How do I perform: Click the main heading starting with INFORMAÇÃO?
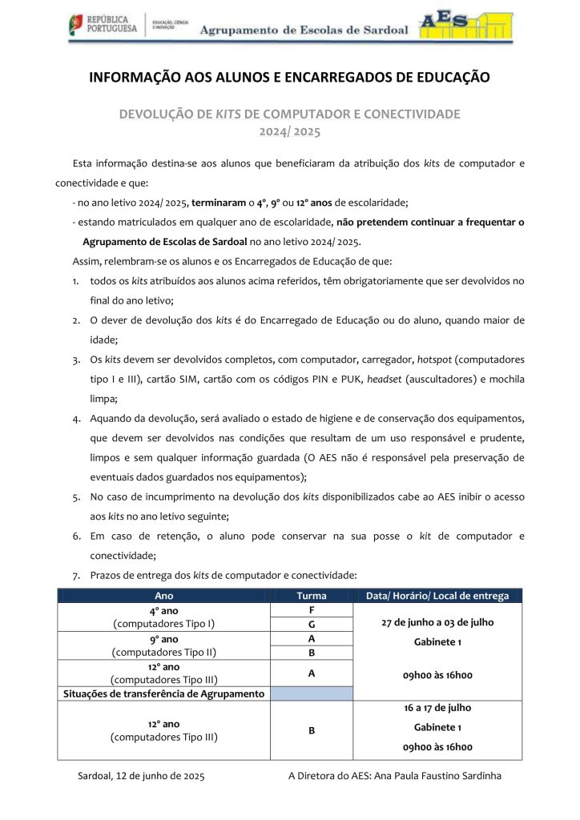coord(289,78)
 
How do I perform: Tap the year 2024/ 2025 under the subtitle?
coord(289,130)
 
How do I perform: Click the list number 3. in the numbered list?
coord(75,359)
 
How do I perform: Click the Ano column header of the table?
coord(163,596)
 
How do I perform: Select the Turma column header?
coord(311,596)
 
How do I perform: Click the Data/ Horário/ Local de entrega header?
coord(437,596)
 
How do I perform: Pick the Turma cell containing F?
coord(310,609)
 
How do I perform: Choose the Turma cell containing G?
coord(310,624)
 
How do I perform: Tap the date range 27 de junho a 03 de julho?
coord(437,622)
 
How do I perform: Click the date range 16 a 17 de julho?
coord(437,708)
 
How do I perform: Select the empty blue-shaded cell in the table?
coord(310,693)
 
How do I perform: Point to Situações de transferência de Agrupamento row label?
coord(163,693)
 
